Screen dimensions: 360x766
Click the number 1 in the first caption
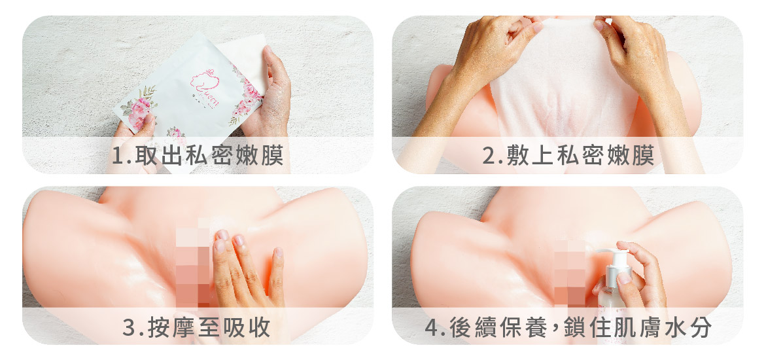point(116,156)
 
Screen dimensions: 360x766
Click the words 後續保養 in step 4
point(491,327)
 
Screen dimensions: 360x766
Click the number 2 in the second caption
point(488,156)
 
